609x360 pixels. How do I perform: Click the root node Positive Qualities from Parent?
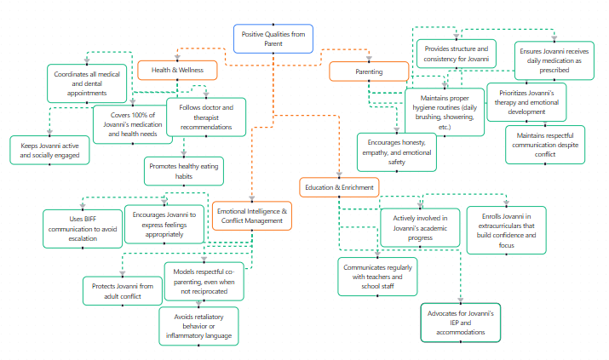(x=273, y=38)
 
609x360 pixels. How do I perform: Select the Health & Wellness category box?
(x=177, y=70)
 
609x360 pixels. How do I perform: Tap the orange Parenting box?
(x=369, y=72)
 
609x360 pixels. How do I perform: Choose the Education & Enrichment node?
(x=338, y=186)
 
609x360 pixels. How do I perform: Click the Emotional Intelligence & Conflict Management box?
(x=253, y=216)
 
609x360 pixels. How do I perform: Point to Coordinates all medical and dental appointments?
(x=86, y=83)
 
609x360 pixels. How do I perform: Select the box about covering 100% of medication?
(x=132, y=123)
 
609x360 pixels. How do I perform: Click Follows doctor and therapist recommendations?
(x=205, y=117)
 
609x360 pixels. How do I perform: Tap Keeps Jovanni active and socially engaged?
(x=50, y=151)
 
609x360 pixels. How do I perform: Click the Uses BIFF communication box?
(x=83, y=228)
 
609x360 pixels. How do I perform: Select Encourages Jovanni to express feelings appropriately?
(x=164, y=224)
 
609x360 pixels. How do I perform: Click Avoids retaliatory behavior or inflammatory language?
(x=198, y=326)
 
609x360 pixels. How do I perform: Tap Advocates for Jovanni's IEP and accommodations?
(x=461, y=323)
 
